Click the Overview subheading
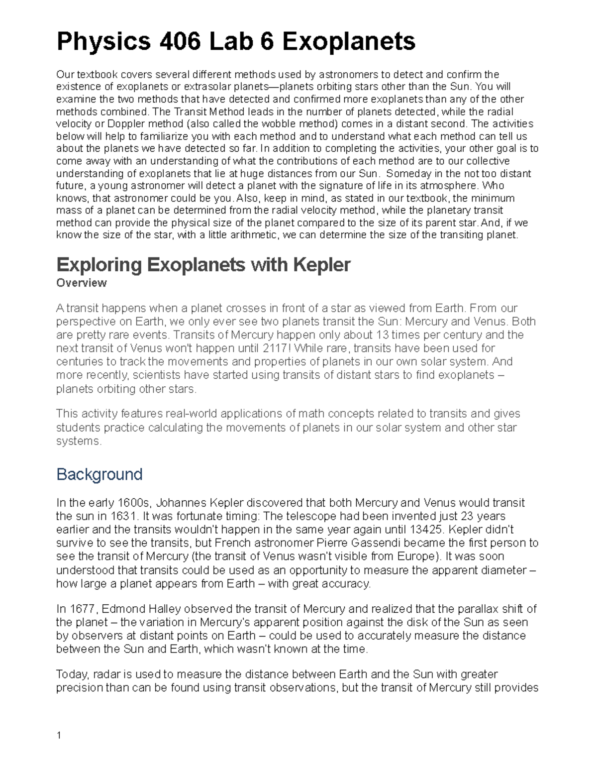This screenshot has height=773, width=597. point(82,283)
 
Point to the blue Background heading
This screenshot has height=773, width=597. point(99,474)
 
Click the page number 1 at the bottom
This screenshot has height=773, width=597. point(59,736)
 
